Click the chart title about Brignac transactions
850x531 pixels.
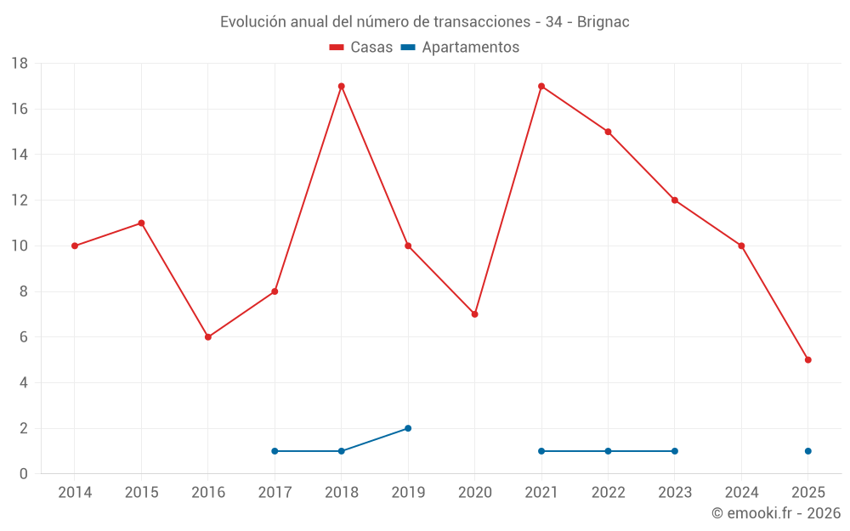click(x=424, y=22)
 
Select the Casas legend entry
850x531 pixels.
click(x=361, y=48)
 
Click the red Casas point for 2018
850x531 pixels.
click(x=341, y=86)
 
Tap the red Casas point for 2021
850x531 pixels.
click(x=541, y=86)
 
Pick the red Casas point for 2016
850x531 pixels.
click(x=208, y=337)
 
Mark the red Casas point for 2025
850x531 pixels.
click(x=807, y=360)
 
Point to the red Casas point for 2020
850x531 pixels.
click(x=474, y=314)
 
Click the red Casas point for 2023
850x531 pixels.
click(x=674, y=201)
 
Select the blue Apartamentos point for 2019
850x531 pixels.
click(x=408, y=428)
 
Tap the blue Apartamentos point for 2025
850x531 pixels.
click(x=807, y=451)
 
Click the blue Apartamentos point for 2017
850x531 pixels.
click(x=275, y=451)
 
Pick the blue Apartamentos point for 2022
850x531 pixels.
click(x=608, y=451)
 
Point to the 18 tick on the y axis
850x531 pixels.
click(x=20, y=64)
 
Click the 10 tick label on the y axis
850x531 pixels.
click(x=20, y=246)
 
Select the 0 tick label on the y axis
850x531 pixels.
click(x=24, y=474)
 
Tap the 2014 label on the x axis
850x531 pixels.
click(x=75, y=493)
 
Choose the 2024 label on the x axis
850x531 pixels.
click(x=741, y=493)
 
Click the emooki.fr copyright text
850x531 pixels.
click(x=775, y=513)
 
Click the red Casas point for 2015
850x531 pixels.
click(x=141, y=223)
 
